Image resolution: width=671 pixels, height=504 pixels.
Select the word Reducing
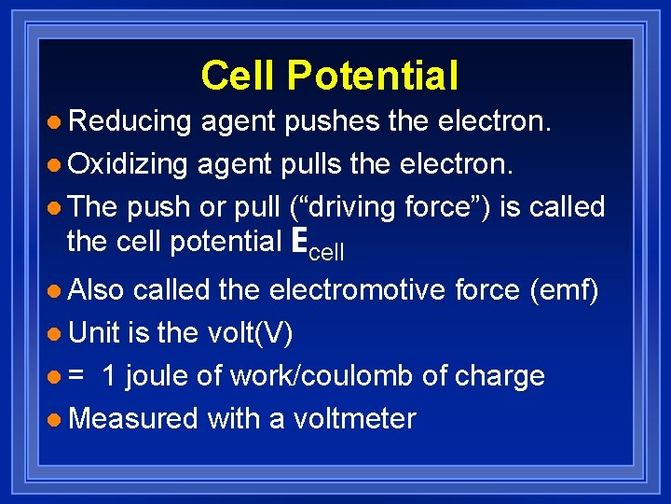[130, 120]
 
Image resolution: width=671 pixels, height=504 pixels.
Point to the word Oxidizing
[129, 163]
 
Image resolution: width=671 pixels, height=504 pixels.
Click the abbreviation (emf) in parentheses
[564, 290]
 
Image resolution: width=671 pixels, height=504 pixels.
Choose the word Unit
[94, 333]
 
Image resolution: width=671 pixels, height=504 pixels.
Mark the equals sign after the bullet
[76, 376]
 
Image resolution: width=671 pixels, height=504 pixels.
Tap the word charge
[500, 376]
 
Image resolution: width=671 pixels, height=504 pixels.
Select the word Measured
[133, 418]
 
